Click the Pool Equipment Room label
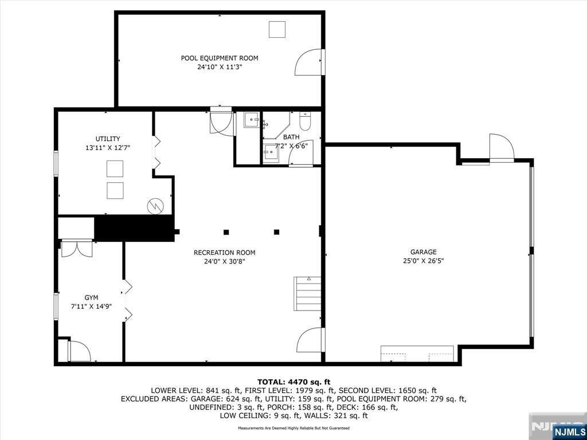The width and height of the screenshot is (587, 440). point(219,58)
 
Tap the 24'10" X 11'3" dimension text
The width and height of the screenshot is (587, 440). point(219,67)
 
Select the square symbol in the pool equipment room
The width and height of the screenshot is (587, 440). point(277,29)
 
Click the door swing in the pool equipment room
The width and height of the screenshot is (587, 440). point(308,62)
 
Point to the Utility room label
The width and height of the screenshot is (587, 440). point(108,139)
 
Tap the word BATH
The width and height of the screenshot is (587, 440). point(291,137)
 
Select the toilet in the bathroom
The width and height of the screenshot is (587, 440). point(305,121)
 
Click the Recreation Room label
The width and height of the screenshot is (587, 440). point(224,253)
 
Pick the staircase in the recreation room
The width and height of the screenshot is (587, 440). point(308,294)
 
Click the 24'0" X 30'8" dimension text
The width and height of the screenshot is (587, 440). point(224,262)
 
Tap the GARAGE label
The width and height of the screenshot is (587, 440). point(423,252)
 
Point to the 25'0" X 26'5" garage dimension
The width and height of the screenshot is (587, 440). point(423,261)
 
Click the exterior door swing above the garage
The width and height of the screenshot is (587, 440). point(501,148)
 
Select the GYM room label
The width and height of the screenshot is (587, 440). point(91,297)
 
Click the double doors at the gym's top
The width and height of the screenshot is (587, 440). point(76,248)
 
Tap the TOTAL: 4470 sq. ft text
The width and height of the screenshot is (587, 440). point(293,382)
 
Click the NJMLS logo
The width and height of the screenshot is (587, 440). point(569,431)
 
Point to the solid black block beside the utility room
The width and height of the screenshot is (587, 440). point(134,228)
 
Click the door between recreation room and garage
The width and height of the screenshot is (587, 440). point(310,340)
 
